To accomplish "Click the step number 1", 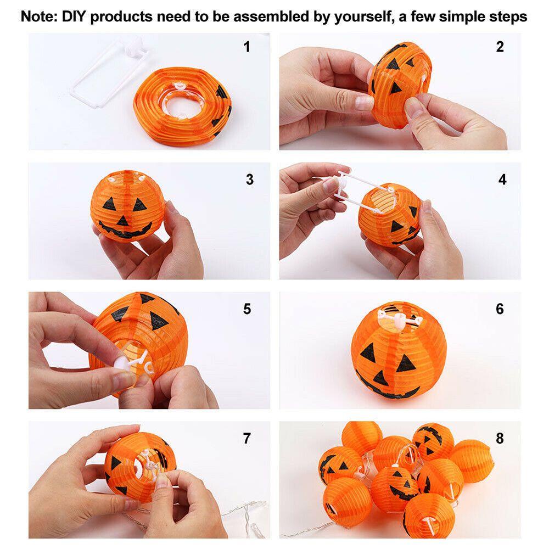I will (x=247, y=47).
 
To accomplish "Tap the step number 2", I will (x=500, y=47).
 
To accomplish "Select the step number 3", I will (x=250, y=180).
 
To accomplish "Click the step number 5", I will (x=247, y=309).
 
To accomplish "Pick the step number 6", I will (x=500, y=309).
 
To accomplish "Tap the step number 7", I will (x=247, y=438).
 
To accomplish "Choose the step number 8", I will (x=500, y=438).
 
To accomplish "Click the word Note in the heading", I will (x=38, y=16).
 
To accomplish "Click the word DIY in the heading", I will (x=74, y=16).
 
